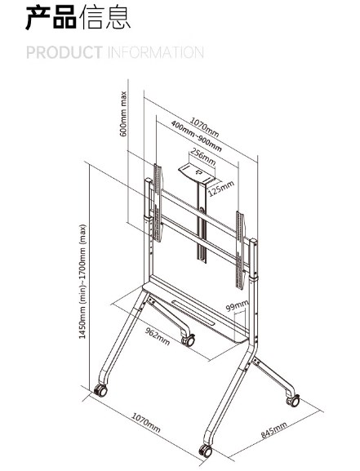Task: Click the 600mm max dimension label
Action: pos(123,113)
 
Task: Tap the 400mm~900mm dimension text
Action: pos(196,136)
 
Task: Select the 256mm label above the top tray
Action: pos(202,157)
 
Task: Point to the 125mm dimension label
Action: pos(221,189)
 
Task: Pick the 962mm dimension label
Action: pos(158,336)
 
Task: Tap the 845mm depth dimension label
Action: pos(273,429)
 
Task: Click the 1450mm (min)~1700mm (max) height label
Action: pos(82,282)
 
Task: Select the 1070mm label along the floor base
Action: pos(146,422)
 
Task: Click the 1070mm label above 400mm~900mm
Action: pos(204,127)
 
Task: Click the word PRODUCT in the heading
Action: pos(64,52)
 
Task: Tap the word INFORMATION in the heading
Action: pos(156,52)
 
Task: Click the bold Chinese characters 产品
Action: pos(51,18)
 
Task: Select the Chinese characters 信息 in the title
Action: pos(104,18)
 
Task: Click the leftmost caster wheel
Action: pos(100,390)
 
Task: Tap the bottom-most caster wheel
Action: pos(206,451)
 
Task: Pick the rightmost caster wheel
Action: pos(293,401)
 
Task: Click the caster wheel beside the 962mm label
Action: pos(189,340)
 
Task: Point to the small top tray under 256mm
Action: pos(197,175)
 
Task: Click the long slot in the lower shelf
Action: pos(193,312)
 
